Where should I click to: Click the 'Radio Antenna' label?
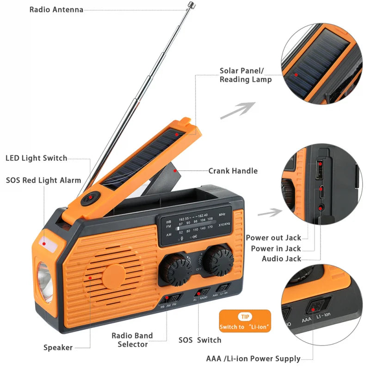click(56, 9)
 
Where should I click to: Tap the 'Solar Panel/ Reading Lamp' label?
click(246, 75)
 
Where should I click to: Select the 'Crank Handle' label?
click(233, 171)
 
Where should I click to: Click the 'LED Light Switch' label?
click(37, 158)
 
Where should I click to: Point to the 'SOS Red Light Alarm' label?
click(43, 180)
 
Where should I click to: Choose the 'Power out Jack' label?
click(273, 238)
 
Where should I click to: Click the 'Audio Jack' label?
click(282, 259)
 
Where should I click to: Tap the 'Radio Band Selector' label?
click(132, 339)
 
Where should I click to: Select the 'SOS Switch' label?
click(200, 340)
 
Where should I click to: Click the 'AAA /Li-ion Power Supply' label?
click(253, 358)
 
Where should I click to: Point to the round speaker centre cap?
click(114, 277)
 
